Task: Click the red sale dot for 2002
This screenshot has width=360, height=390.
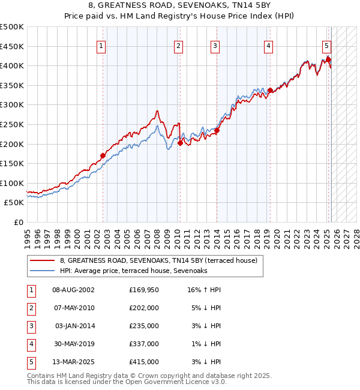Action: click(x=103, y=155)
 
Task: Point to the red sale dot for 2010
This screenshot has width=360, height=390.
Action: click(x=180, y=143)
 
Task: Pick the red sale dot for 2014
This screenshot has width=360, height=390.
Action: click(x=217, y=130)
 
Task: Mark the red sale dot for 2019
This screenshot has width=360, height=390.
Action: click(x=271, y=91)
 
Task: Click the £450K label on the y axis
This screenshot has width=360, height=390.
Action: click(x=12, y=46)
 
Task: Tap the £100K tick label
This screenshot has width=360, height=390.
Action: click(x=12, y=183)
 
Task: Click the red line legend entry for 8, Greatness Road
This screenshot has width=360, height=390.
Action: click(x=158, y=260)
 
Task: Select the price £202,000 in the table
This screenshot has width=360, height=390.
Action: click(x=144, y=308)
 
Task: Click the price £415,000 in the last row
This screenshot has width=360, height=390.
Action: click(x=144, y=362)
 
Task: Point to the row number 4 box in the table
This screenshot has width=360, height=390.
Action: click(x=30, y=344)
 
